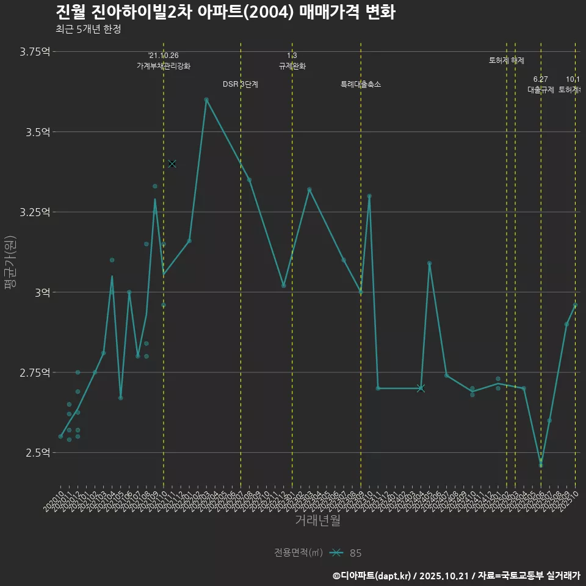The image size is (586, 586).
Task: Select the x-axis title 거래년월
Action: coord(317,521)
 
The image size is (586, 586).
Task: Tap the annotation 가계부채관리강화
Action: coord(164,66)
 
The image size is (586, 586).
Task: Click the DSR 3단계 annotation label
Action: coord(241,84)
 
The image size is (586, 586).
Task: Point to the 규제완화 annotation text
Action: coord(292,66)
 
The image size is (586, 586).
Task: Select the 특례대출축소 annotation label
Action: coord(361,84)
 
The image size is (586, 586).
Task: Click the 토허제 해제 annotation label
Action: coord(506,60)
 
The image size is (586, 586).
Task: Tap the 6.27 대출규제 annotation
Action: coord(541,85)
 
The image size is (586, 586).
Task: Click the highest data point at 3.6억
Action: coord(206,99)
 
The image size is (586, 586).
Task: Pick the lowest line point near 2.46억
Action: coord(541,465)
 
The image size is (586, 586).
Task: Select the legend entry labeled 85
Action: coord(355,553)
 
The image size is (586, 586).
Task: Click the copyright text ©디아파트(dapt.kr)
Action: coord(372,575)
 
